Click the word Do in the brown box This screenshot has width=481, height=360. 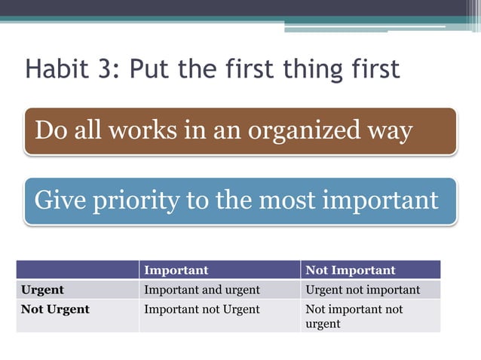(x=51, y=130)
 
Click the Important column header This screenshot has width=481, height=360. (x=176, y=270)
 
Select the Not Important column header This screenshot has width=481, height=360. (x=350, y=270)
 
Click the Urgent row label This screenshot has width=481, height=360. (x=43, y=289)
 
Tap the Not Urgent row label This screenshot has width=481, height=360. (x=55, y=309)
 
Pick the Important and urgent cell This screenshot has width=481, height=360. (x=201, y=289)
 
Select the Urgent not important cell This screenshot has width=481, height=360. (x=363, y=289)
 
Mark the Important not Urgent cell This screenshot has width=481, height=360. (x=201, y=309)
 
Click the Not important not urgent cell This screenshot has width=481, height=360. (x=354, y=316)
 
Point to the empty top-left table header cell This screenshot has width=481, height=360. (x=78, y=270)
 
